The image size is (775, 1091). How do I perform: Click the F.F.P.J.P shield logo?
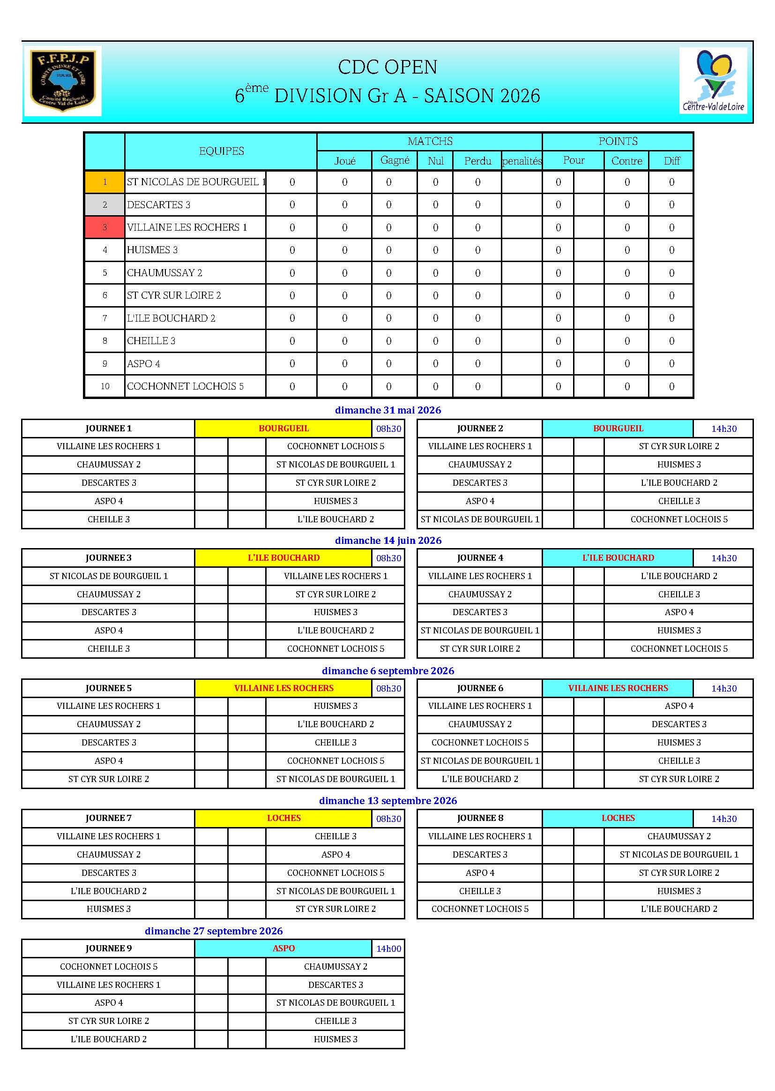coord(62,81)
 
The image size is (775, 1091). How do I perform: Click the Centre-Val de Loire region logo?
coord(713,81)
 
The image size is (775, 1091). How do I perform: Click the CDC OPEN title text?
coord(387,68)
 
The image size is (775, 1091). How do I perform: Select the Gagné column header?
coord(395,160)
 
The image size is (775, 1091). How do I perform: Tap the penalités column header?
coord(522,161)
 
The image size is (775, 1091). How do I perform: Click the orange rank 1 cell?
coord(104,182)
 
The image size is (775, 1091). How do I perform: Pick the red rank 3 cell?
coord(104,227)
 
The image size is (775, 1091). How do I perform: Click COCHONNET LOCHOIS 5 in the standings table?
coord(185,386)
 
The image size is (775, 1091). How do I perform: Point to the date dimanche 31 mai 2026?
coord(387,410)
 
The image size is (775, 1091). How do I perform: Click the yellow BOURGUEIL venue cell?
coord(283,428)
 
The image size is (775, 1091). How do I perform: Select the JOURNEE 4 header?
coord(480,557)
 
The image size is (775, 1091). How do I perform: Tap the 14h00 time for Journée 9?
coord(388,949)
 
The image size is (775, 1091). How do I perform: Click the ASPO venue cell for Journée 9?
coord(283,948)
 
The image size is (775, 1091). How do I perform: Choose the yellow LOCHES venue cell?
coord(283,818)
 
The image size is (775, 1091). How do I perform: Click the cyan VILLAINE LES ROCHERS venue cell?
coord(618,688)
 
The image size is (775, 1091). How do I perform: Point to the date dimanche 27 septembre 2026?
coord(213,931)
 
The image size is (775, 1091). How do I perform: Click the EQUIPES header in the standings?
coord(221,151)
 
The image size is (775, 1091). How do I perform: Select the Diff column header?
coord(671,161)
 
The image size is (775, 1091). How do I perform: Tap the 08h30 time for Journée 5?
coord(388,689)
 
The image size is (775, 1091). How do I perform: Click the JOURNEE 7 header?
coord(108,818)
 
